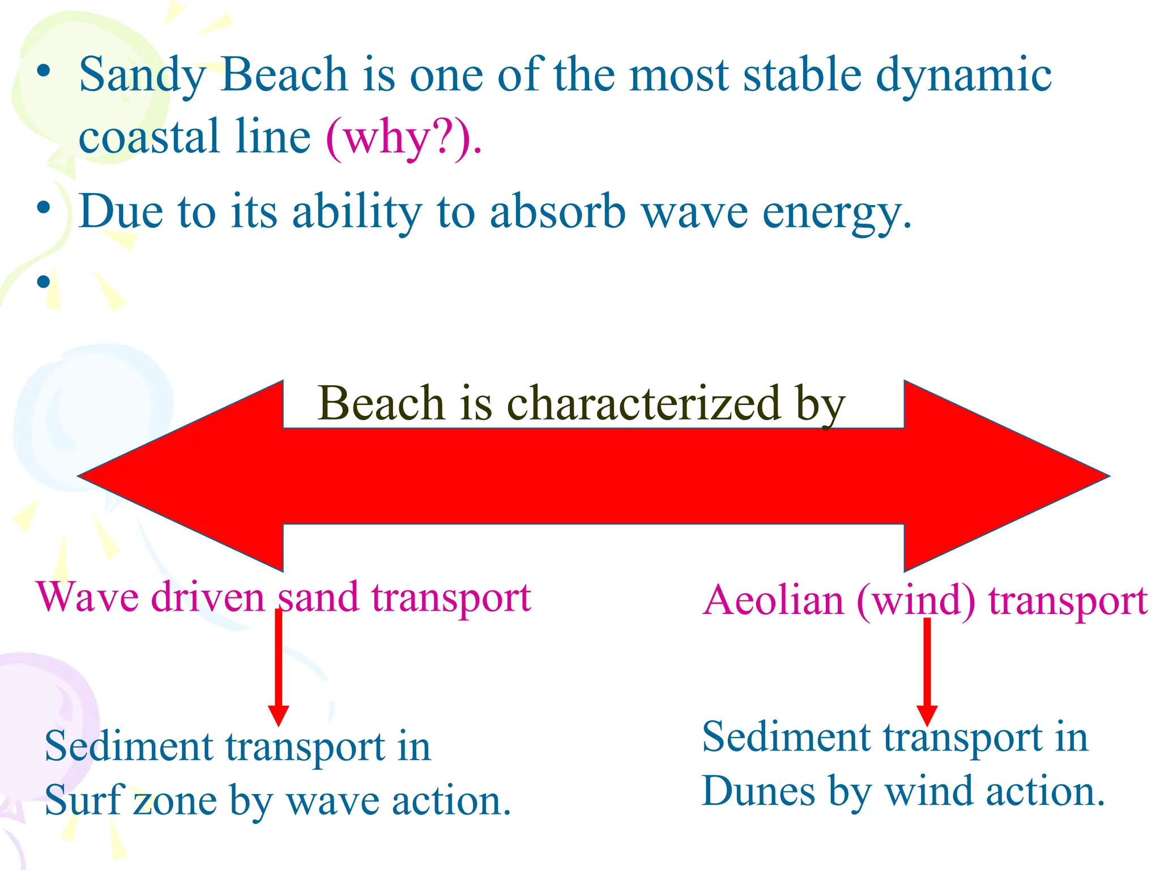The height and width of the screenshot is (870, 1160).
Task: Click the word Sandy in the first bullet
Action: (x=142, y=77)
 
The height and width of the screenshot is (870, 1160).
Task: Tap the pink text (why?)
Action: (x=403, y=138)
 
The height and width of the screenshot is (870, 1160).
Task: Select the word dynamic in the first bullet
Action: (x=963, y=77)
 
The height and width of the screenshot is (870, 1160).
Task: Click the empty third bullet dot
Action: (x=44, y=281)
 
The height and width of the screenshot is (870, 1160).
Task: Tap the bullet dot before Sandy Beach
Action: (x=44, y=72)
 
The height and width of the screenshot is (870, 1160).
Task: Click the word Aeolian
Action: (x=774, y=600)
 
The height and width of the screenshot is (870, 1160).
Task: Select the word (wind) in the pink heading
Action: (x=916, y=600)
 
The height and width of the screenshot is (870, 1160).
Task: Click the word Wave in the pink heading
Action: (x=88, y=597)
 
